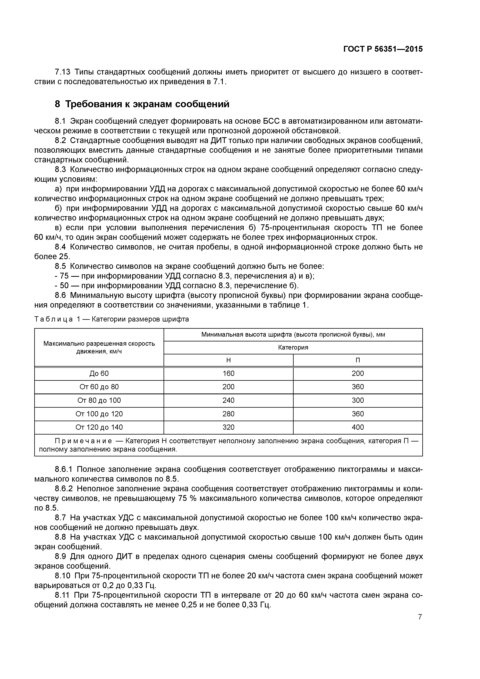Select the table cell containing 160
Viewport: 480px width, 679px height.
point(228,374)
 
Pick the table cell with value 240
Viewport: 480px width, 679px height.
point(228,400)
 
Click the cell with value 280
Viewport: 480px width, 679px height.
point(228,414)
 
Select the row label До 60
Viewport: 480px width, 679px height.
point(99,374)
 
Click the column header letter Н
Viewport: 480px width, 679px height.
point(228,360)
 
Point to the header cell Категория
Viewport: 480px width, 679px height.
point(293,347)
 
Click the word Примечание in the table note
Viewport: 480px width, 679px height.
point(83,441)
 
